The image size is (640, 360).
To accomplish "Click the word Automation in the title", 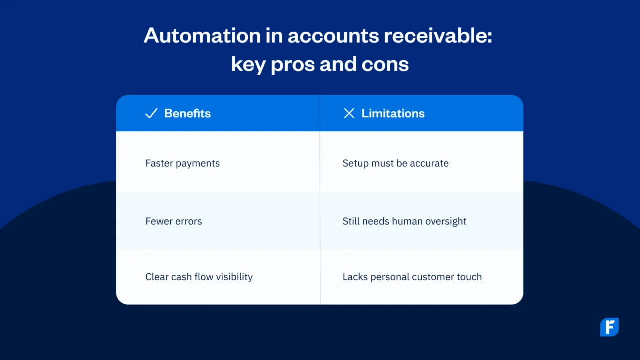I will (202, 36).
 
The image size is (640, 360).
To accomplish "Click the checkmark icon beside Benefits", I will (151, 113).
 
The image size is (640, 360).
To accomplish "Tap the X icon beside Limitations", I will (349, 113).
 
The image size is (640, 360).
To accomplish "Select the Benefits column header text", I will (187, 113).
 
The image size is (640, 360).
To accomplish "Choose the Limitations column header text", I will (393, 113).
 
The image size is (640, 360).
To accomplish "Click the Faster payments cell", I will (182, 163).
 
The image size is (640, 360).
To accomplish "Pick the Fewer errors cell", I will (173, 221).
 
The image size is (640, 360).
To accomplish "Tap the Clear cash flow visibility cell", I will (199, 277).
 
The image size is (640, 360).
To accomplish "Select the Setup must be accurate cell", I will (395, 163).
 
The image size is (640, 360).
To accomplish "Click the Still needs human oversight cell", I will (404, 221).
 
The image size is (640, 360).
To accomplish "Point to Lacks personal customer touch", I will (412, 277).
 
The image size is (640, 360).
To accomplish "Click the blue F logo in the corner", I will (609, 327).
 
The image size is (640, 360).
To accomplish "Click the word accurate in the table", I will (429, 163).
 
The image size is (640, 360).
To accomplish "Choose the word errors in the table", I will (188, 221).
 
